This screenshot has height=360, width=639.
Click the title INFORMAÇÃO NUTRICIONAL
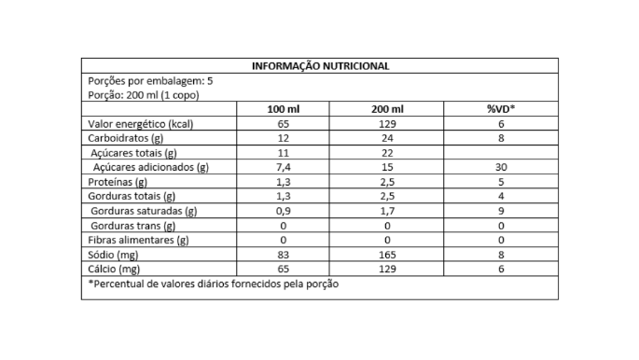point(320,66)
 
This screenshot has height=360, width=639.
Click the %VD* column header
point(500,109)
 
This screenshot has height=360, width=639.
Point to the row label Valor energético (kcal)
point(140,124)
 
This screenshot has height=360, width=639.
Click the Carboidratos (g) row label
point(128,138)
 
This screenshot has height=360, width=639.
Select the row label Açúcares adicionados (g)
point(150,167)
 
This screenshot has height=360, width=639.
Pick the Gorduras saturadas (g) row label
point(144,211)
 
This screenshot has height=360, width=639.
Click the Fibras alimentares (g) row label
point(138,240)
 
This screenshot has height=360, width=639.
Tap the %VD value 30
point(500,167)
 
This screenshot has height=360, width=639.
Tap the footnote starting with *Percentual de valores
point(213,284)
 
